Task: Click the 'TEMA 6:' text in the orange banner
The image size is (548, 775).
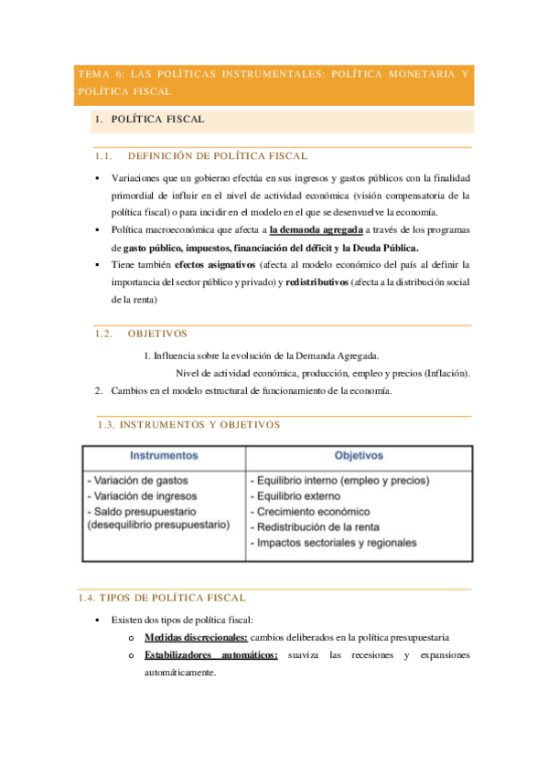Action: pos(99,74)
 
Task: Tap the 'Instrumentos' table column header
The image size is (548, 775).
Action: pos(164,454)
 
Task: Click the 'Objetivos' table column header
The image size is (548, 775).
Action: pos(359,454)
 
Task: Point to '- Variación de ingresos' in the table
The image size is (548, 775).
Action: pos(141,495)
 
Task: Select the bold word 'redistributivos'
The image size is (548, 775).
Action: pos(317,281)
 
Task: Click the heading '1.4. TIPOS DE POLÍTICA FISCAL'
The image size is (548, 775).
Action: pos(162,598)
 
